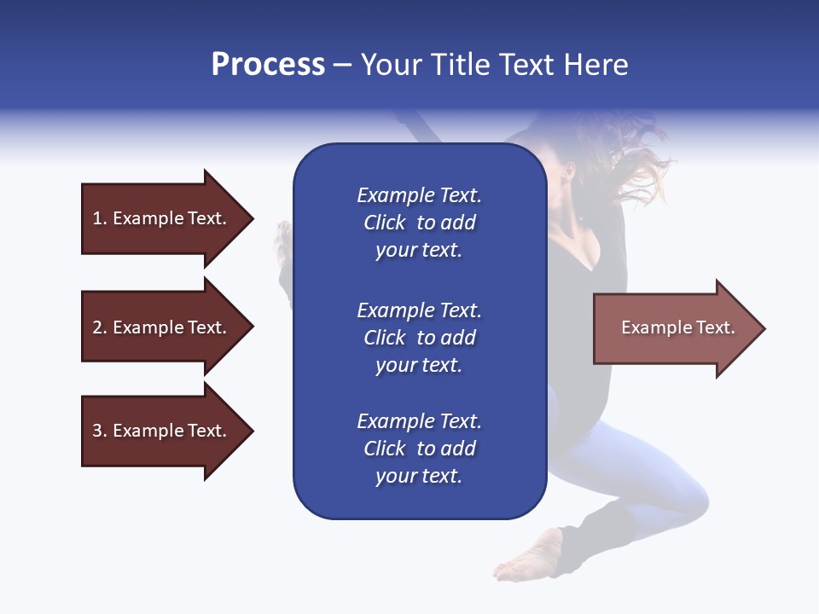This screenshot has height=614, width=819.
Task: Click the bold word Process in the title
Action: [x=268, y=65]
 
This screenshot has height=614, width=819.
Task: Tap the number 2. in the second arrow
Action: [x=99, y=327]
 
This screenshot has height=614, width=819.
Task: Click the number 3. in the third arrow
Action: [x=99, y=431]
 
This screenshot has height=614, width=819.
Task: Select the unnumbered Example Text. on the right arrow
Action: [x=677, y=327]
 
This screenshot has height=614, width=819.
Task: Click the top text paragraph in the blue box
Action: [x=419, y=223]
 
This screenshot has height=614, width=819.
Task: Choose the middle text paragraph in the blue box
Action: [x=419, y=338]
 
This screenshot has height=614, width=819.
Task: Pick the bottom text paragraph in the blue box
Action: [x=419, y=449]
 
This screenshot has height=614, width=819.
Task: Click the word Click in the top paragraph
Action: [x=384, y=223]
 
